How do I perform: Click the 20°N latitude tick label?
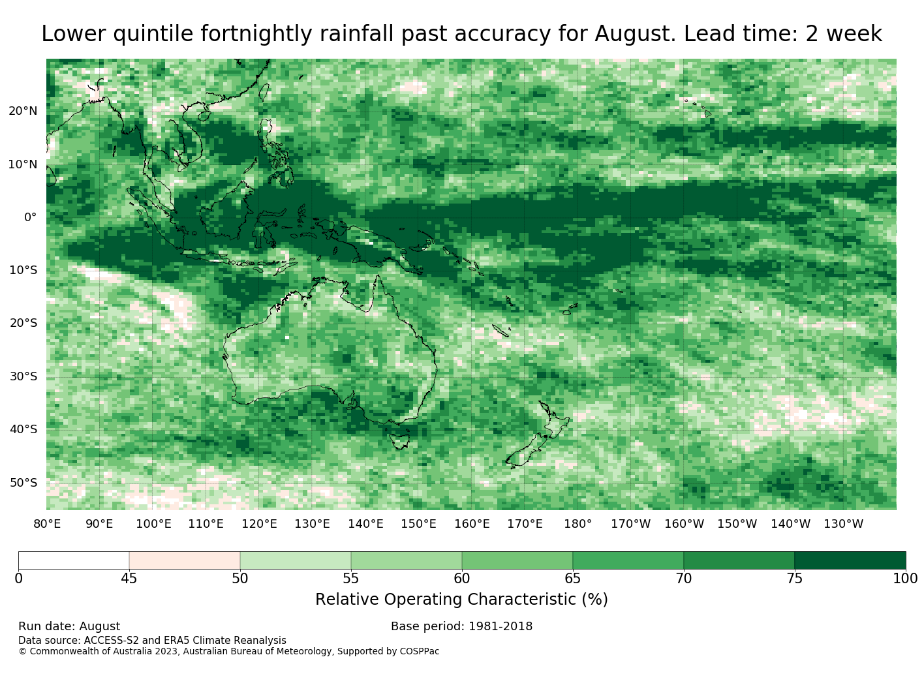(23, 111)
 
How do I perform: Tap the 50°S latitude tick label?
(23, 483)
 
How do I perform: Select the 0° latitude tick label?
(30, 217)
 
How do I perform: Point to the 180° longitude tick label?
(577, 524)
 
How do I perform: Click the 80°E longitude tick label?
(47, 524)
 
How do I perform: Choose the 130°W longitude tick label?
(844, 524)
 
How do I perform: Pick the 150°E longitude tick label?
(418, 524)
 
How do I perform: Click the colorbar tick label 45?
(129, 579)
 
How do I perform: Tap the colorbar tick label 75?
(794, 579)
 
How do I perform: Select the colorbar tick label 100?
(905, 579)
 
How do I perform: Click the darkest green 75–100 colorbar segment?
(850, 560)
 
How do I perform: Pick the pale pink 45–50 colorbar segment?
(185, 560)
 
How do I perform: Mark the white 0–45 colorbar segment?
(74, 560)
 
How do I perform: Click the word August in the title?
(636, 34)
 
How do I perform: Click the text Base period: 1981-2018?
(461, 626)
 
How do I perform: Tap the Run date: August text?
(69, 626)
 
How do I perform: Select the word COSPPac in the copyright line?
(419, 651)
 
